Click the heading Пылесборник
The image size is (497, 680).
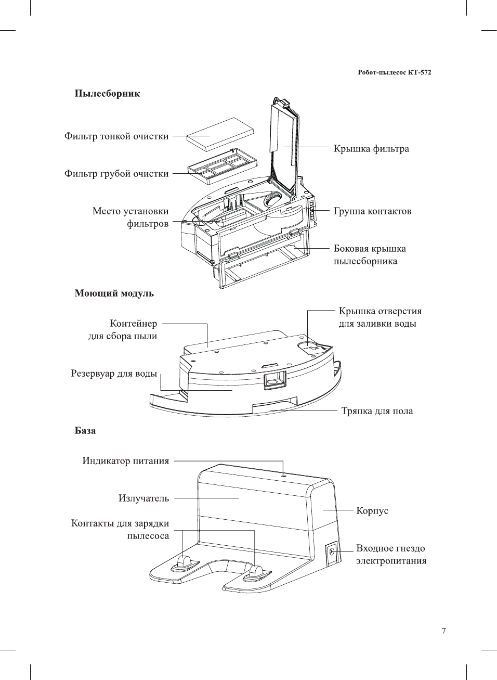pyautogui.click(x=107, y=94)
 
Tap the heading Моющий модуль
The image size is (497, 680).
pyautogui.click(x=114, y=293)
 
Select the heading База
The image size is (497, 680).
pyautogui.click(x=85, y=431)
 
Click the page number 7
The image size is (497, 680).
pyautogui.click(x=443, y=631)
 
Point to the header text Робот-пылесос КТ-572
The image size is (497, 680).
pyautogui.click(x=394, y=72)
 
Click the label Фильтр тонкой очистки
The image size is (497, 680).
pyautogui.click(x=116, y=136)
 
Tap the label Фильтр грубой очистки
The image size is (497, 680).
pyautogui.click(x=116, y=174)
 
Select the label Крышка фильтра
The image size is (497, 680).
pyautogui.click(x=371, y=149)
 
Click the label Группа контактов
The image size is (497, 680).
pyautogui.click(x=372, y=211)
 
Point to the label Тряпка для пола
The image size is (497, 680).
pyautogui.click(x=377, y=411)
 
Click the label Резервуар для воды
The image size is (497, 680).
pyautogui.click(x=114, y=374)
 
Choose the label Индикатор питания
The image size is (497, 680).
pyautogui.click(x=125, y=461)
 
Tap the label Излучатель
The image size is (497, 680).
pyautogui.click(x=143, y=498)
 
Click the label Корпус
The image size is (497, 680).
pyautogui.click(x=372, y=511)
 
